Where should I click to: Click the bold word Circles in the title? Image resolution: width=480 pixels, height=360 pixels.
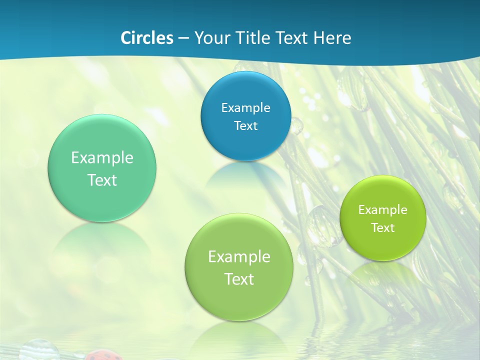146,38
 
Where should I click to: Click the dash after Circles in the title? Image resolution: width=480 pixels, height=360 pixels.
183,38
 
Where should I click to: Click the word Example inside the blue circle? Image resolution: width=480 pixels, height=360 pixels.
245,107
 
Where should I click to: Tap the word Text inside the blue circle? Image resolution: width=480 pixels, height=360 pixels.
245,125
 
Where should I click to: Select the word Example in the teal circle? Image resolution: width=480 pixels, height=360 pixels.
102,157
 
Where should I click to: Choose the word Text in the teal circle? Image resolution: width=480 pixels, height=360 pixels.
102,180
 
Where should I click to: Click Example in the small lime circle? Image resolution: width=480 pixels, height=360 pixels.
382,209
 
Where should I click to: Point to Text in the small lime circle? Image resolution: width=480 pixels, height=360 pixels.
382,227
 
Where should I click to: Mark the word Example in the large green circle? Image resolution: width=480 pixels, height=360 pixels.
239,256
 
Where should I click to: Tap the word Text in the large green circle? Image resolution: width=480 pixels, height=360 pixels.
239,279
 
